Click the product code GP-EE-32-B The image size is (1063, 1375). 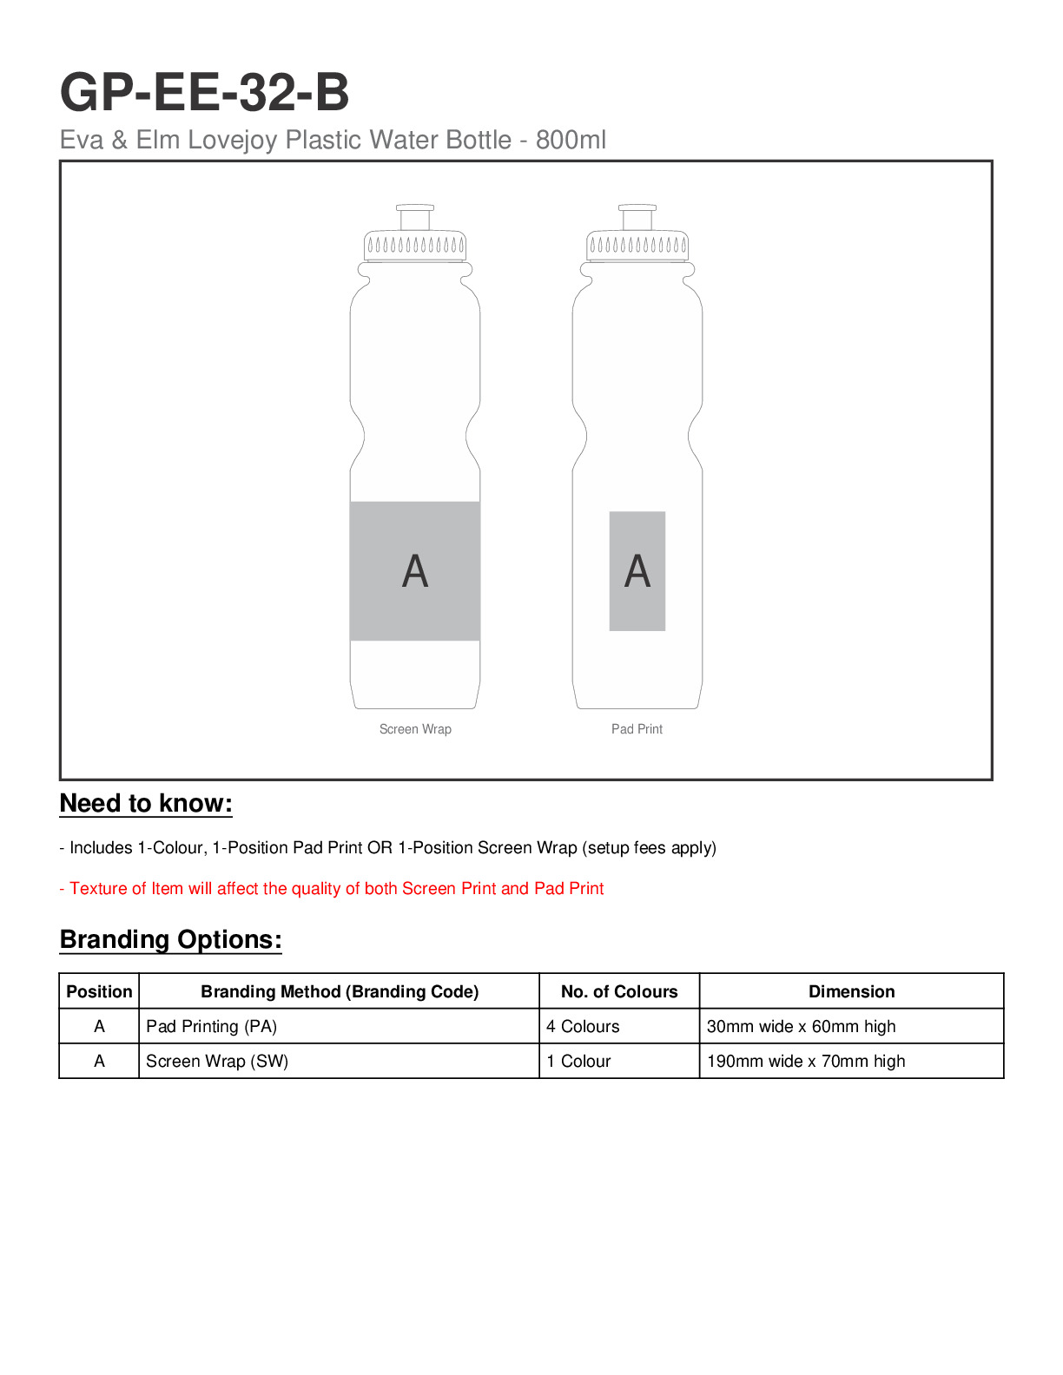click(204, 92)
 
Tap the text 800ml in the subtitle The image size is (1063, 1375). click(571, 140)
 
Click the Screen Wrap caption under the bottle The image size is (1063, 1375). click(415, 729)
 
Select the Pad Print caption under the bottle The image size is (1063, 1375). click(637, 729)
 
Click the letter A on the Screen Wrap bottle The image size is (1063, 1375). click(415, 571)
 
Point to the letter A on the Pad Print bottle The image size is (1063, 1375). click(637, 571)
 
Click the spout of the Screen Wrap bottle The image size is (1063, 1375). click(415, 217)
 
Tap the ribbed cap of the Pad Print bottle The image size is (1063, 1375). click(637, 246)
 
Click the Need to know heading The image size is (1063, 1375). click(146, 804)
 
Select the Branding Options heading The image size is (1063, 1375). click(171, 940)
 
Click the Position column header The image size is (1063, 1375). click(99, 991)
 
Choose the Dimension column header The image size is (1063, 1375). click(851, 991)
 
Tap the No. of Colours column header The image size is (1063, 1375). click(619, 991)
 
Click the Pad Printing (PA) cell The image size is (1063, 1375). click(212, 1026)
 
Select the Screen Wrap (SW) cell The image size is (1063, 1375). click(217, 1061)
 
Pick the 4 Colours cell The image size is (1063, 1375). click(583, 1026)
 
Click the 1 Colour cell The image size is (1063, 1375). click(578, 1061)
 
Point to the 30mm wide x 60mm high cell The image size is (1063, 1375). click(801, 1026)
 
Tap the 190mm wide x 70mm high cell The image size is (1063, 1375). click(806, 1061)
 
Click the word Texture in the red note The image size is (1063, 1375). click(97, 888)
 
